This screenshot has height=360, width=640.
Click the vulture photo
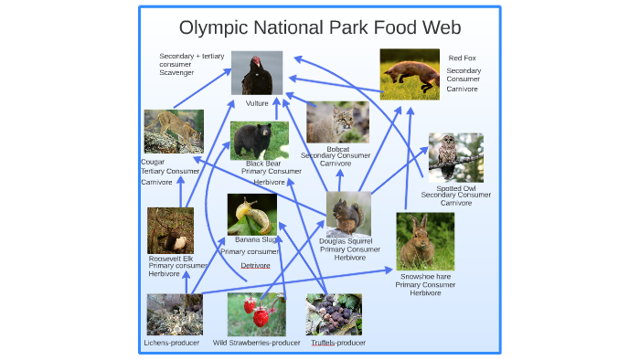point(257,73)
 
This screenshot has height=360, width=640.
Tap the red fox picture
point(409,74)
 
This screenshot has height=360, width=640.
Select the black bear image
point(259,141)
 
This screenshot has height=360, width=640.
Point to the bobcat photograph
point(337,122)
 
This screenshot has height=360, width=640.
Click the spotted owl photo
point(455,157)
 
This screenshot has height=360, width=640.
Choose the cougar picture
point(174,132)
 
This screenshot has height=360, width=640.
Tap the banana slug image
point(252,215)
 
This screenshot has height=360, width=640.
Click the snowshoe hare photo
point(425,241)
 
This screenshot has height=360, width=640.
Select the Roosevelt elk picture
point(171,230)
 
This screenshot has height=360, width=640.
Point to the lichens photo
point(175,314)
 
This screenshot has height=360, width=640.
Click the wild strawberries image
point(256,314)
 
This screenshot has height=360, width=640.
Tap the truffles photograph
point(333,314)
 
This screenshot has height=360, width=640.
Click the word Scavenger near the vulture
point(176,72)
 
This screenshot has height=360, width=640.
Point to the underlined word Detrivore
point(255,265)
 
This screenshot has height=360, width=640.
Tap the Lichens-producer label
point(171,343)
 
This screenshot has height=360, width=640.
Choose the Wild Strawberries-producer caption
point(256,343)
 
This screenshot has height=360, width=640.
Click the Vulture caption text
point(257,103)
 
